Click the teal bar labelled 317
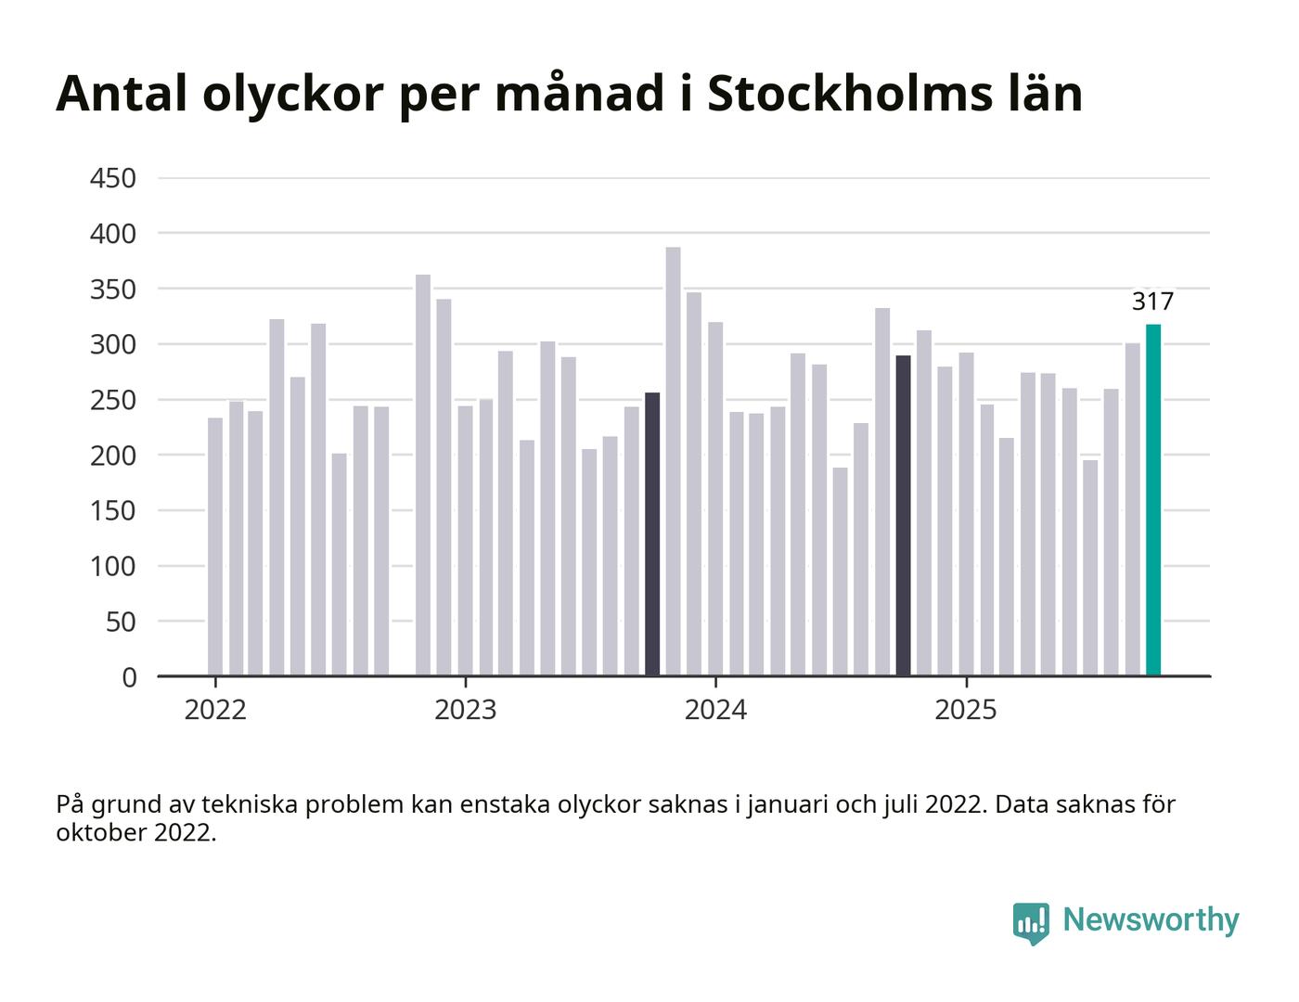point(1153,500)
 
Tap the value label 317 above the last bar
point(1152,302)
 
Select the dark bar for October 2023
point(652,534)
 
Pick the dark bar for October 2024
point(903,516)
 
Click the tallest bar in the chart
point(674,461)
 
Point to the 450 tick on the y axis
point(113,178)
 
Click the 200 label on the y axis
point(113,456)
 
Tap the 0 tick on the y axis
point(128,677)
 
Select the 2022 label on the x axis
point(215,711)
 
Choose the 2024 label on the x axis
point(715,711)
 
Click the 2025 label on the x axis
point(966,711)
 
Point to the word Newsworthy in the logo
point(1151,919)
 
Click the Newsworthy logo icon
point(1031,922)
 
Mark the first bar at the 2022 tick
point(215,547)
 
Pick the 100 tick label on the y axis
point(113,566)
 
